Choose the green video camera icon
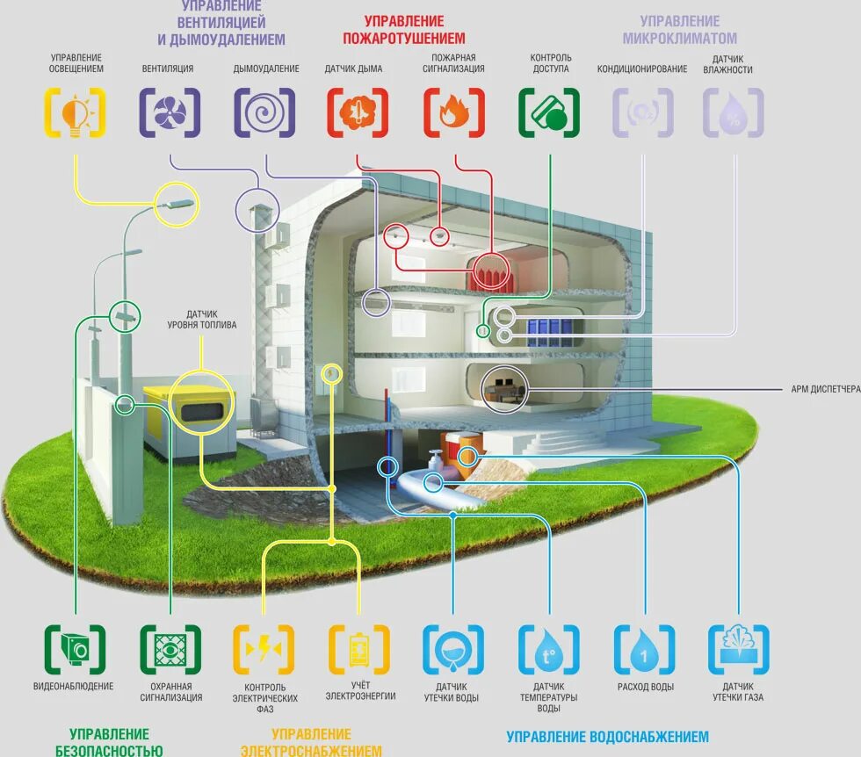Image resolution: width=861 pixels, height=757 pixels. click(76, 650)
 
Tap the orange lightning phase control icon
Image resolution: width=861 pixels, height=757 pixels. click(264, 650)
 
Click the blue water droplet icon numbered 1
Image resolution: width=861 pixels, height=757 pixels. click(644, 650)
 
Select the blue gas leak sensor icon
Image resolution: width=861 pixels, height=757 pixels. click(738, 650)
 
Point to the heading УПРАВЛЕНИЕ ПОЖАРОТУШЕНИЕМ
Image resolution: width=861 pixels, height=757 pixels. click(403, 30)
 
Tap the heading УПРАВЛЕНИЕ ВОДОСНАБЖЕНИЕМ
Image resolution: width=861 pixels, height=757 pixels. click(608, 737)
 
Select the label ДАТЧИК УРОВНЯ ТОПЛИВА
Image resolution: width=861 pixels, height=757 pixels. click(201, 320)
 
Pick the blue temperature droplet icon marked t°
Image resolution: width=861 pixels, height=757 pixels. click(549, 650)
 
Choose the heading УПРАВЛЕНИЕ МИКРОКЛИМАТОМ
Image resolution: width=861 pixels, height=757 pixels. click(679, 30)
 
